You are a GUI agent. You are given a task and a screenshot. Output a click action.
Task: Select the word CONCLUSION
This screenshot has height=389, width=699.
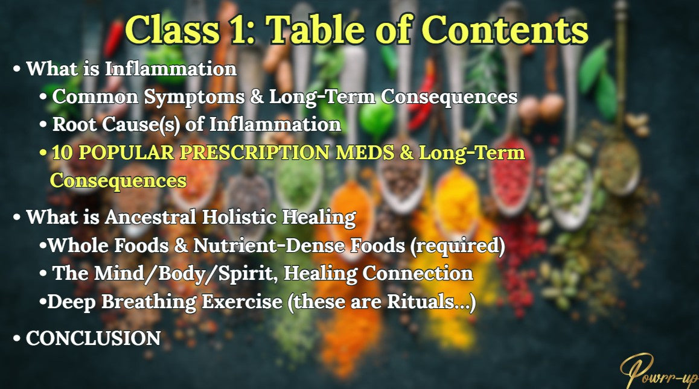coord(93,338)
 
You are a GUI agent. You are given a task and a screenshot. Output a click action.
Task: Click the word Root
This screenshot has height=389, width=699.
coord(71,125)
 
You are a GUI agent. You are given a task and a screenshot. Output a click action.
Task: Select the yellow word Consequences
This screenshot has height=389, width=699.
coord(118,180)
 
